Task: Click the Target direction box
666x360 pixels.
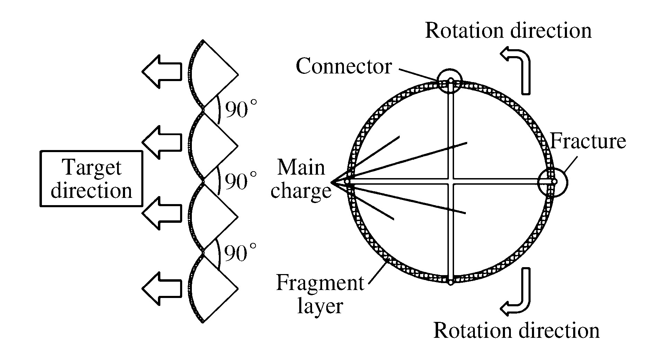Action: [x=91, y=179]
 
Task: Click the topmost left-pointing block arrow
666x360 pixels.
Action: [x=161, y=71]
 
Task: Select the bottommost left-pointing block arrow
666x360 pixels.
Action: [x=161, y=288]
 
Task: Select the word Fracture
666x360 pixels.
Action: [x=588, y=141]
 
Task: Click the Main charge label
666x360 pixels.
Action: [x=301, y=179]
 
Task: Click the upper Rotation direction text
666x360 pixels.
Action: [x=508, y=30]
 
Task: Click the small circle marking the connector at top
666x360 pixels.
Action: [x=450, y=81]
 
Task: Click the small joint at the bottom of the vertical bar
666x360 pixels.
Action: [x=450, y=283]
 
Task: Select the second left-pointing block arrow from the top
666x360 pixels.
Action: [x=161, y=142]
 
